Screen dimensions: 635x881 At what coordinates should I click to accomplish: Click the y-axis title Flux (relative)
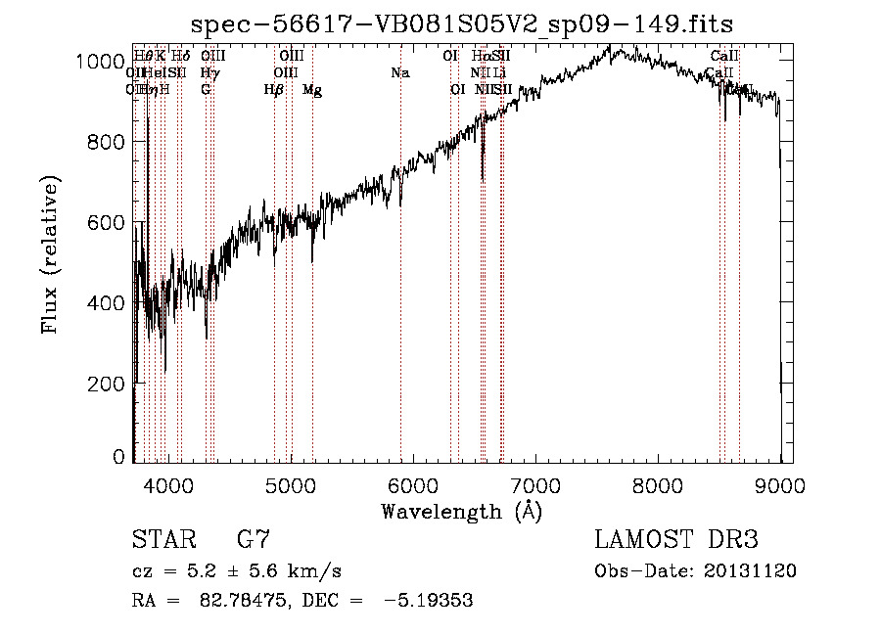[51, 254]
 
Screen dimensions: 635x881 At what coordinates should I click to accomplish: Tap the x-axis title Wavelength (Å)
[461, 511]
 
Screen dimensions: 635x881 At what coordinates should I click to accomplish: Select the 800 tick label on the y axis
[107, 142]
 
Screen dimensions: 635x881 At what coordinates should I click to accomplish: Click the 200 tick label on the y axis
[107, 384]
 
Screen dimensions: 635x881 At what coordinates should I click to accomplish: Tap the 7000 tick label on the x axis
[535, 485]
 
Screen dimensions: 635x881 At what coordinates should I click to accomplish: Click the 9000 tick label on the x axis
[780, 485]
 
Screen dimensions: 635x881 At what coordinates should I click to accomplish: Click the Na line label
[399, 72]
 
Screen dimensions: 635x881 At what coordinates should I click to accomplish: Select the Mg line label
[312, 90]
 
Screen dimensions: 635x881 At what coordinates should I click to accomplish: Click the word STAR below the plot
[163, 540]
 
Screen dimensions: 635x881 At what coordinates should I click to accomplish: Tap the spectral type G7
[253, 540]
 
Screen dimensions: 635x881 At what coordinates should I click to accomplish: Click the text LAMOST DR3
[675, 540]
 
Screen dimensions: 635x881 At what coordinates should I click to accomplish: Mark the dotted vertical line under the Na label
[400, 294]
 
